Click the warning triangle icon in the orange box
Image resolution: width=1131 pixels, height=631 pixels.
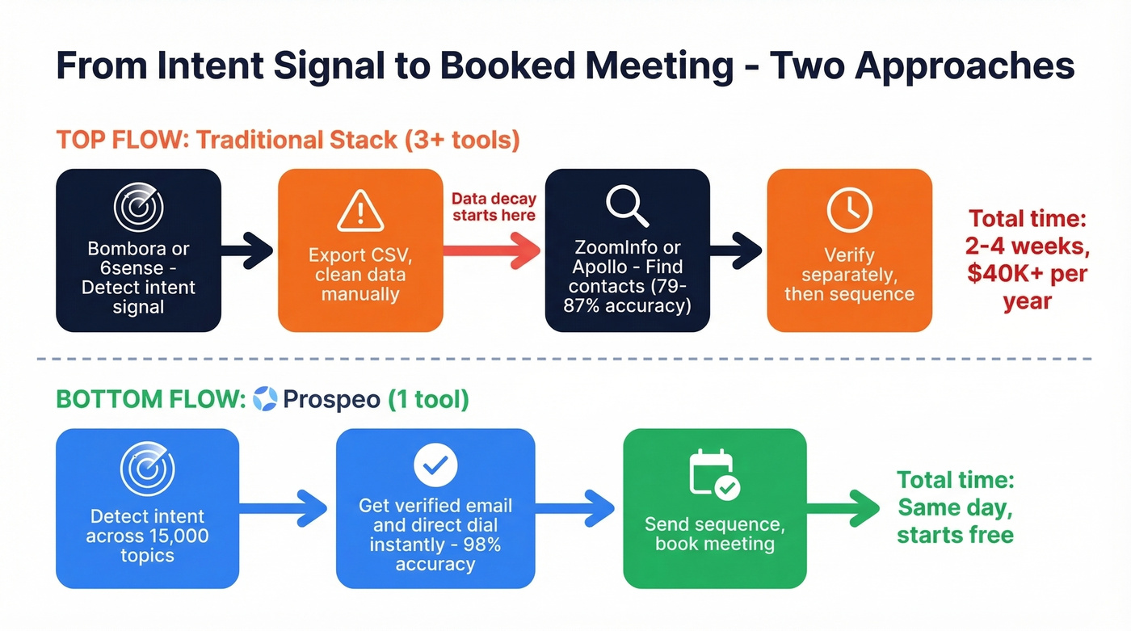click(x=360, y=212)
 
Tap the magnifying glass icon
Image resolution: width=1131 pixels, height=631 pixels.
click(x=627, y=206)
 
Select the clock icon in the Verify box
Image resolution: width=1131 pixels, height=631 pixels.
click(x=849, y=210)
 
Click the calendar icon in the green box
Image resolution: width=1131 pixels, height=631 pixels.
click(x=714, y=474)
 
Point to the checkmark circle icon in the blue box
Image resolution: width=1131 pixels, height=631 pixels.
click(x=435, y=465)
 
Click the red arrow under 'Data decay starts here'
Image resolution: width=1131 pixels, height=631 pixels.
click(x=492, y=250)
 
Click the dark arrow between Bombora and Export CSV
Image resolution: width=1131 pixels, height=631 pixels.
click(x=248, y=250)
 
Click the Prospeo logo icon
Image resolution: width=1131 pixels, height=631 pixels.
click(x=265, y=399)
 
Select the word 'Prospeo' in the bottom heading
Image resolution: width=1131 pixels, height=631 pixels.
click(x=331, y=399)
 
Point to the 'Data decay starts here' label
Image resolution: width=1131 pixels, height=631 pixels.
click(x=493, y=207)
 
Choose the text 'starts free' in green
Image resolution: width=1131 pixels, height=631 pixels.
click(x=955, y=535)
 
